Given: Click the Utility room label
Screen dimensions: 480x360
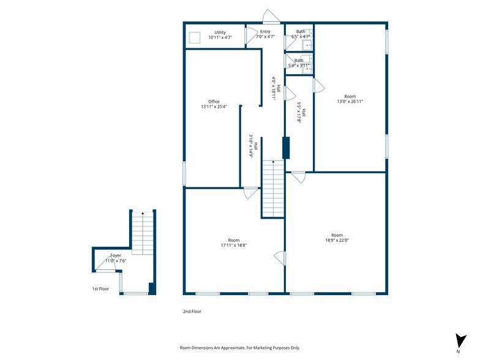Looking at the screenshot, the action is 220,32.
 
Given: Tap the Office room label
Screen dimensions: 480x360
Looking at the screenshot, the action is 214,102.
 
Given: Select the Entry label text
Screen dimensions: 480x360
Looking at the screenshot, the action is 265,32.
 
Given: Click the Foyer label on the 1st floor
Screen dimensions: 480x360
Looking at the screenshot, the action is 116,255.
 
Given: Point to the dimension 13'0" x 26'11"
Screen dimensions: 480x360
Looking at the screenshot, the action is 350,102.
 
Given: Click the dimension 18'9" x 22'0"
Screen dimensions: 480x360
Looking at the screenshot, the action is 337,240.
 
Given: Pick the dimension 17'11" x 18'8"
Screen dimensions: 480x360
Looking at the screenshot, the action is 234,245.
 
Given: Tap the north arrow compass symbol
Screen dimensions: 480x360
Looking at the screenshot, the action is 460,340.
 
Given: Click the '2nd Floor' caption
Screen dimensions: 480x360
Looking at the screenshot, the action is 192,312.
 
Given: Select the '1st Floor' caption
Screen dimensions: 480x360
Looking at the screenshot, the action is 100,289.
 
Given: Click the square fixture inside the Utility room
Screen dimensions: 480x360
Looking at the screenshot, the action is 195,38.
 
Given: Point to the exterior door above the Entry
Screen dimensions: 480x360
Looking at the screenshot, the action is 271,16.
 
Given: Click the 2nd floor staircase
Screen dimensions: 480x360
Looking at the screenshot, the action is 273,189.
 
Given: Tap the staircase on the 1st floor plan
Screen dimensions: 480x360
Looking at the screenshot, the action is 143,233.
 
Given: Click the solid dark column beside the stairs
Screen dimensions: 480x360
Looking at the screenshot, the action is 286,148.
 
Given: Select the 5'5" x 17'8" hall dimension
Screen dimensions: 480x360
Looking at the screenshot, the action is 301,113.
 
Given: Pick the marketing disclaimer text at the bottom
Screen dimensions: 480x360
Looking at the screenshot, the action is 240,348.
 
